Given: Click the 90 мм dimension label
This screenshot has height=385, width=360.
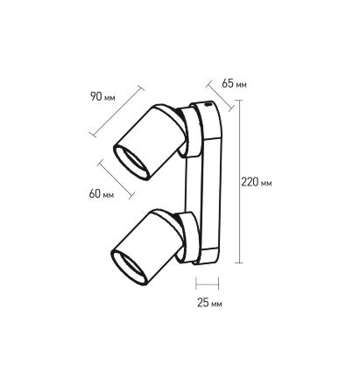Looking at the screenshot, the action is tap(102, 96).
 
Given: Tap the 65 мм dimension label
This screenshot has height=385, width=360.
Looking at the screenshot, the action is tap(234, 83).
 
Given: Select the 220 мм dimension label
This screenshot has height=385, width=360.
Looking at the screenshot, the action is tap(257, 182).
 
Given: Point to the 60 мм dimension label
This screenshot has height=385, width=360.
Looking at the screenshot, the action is tap(102, 193).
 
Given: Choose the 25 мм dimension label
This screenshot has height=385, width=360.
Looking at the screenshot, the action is tap(209, 303).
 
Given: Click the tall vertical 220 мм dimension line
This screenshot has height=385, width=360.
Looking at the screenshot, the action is tap(239, 181).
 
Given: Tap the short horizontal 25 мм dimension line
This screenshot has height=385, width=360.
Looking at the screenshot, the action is tap(207, 283).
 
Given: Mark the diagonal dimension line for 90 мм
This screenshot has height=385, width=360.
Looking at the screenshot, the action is tap(116, 111).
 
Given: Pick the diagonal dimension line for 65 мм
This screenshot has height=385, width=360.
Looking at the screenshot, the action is tap(220, 96).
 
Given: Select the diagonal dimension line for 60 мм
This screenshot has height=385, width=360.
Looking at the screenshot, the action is tap(116, 179).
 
